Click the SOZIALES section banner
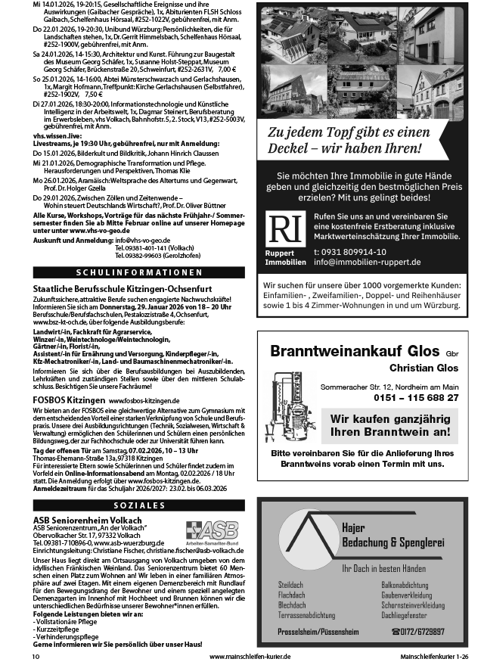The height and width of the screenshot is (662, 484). coord(139,504)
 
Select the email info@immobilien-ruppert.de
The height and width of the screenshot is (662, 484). coord(368,263)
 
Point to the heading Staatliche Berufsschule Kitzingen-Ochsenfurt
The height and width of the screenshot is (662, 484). coord(116,289)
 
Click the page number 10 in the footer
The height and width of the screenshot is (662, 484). coord(36,656)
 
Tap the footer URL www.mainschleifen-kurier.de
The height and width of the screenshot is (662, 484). coord(250,656)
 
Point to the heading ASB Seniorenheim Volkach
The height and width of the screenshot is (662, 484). coord(82,520)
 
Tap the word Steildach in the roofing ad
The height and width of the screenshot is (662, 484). coord(291,586)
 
